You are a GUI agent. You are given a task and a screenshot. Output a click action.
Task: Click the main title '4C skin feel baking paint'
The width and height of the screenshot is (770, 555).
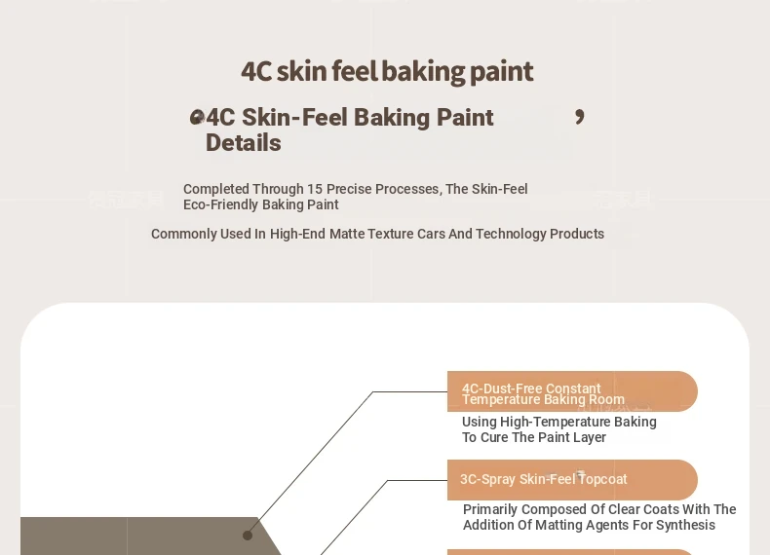[x=387, y=72]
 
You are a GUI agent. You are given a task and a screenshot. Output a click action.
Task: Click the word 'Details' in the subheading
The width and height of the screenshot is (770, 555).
[x=243, y=143]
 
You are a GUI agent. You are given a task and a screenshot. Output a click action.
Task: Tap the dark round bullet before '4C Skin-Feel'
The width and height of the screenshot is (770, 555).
[x=197, y=117]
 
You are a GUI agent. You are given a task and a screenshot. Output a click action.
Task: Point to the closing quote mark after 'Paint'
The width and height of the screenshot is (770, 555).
[x=580, y=117]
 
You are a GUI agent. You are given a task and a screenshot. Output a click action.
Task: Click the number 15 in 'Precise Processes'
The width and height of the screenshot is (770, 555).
[x=315, y=189]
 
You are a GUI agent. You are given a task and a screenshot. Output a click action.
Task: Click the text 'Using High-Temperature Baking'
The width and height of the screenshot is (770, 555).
[x=559, y=422]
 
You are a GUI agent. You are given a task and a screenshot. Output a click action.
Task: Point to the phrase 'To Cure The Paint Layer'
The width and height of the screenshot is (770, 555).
[x=534, y=437]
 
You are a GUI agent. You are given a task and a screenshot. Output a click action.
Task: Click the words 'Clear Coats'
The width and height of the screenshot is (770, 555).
[x=643, y=509]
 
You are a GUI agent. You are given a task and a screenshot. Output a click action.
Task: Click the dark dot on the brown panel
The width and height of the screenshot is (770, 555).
[x=248, y=536]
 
